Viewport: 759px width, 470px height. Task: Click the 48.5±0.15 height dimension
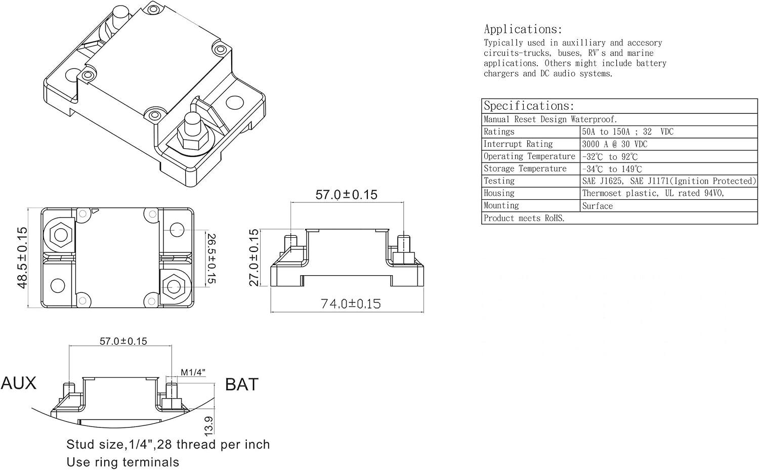tap(22, 258)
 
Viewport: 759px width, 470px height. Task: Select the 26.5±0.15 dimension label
tap(211, 258)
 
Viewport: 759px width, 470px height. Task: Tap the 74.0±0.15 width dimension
tap(351, 304)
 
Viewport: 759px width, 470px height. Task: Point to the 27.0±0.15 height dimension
tap(254, 258)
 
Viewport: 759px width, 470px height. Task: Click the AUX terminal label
tap(19, 383)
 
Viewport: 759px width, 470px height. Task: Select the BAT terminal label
tap(241, 384)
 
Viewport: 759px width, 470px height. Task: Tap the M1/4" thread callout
tap(193, 372)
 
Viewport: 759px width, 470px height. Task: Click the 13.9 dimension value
tap(208, 425)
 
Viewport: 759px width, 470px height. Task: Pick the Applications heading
tap(523, 29)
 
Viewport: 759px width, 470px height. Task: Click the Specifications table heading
tap(529, 106)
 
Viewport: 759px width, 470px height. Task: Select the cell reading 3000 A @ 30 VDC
tap(614, 144)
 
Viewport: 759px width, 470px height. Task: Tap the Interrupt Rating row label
tap(518, 144)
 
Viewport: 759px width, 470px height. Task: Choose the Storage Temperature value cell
tap(612, 169)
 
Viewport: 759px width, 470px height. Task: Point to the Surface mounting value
tap(597, 206)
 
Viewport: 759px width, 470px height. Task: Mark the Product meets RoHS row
tap(524, 219)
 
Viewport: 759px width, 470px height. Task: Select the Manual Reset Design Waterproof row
tap(550, 119)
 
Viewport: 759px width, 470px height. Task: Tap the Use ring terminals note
tap(123, 462)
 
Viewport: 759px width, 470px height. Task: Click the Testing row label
tap(499, 181)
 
